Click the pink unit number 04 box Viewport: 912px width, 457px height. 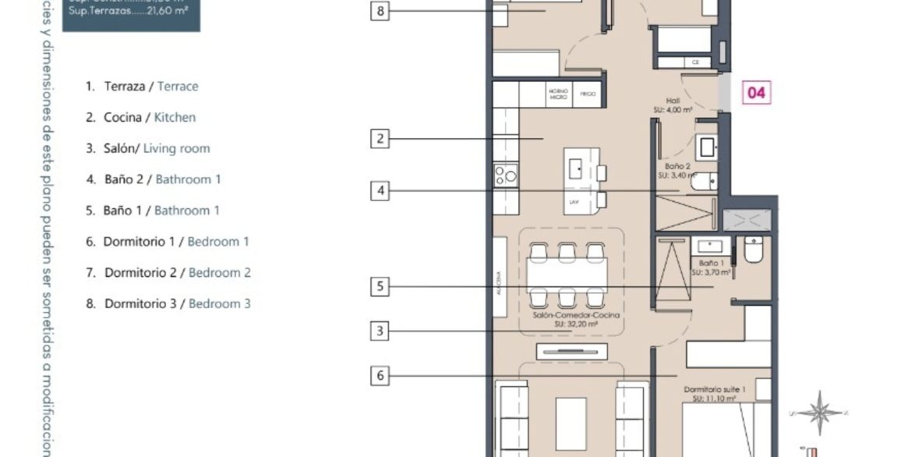pos(756,93)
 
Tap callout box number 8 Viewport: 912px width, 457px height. pos(380,11)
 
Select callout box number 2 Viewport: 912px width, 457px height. pos(380,140)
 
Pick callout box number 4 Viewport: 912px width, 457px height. pos(380,190)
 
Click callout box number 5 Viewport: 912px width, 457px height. pos(380,287)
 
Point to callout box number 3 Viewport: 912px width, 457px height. pos(380,331)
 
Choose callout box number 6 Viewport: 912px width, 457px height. pos(380,376)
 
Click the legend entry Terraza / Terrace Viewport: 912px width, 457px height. pos(142,87)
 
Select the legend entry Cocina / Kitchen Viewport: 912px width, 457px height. pos(140,118)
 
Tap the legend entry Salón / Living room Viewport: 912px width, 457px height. pos(147,148)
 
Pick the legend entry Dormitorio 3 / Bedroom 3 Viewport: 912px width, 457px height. pos(168,303)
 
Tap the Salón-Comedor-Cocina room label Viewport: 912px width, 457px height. pos(565,320)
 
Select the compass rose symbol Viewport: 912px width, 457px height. pos(818,413)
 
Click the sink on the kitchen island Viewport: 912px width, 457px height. pos(576,168)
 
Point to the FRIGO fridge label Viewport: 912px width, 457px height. pos(589,93)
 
